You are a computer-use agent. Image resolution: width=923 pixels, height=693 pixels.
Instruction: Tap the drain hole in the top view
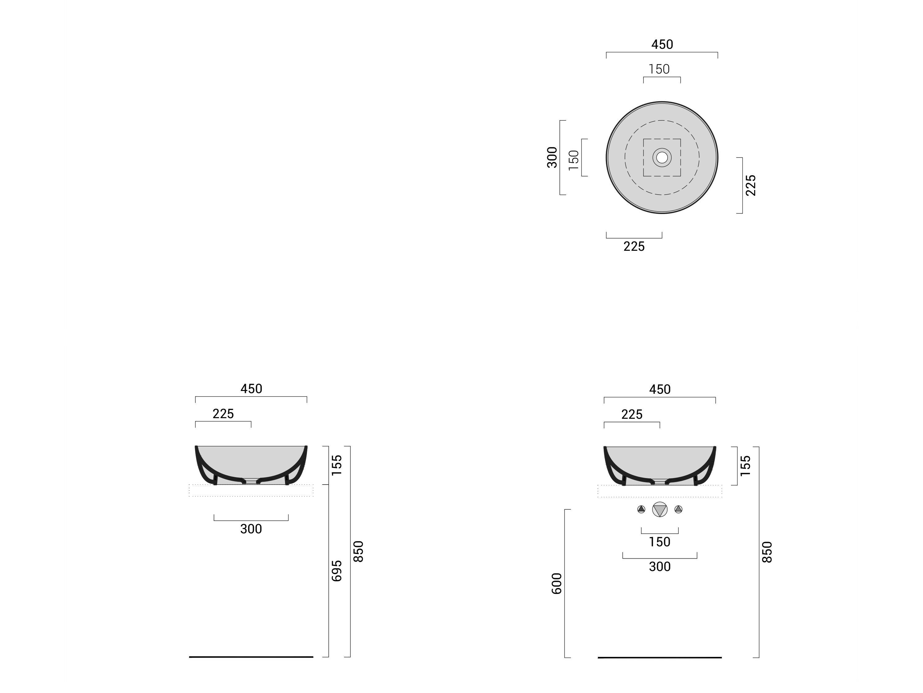click(662, 157)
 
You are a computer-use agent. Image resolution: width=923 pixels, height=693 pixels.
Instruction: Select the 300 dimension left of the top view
click(552, 157)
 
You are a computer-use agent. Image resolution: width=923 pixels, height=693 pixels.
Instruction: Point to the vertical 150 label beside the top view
click(574, 160)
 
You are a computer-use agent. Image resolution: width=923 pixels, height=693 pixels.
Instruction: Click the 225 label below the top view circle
click(634, 246)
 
